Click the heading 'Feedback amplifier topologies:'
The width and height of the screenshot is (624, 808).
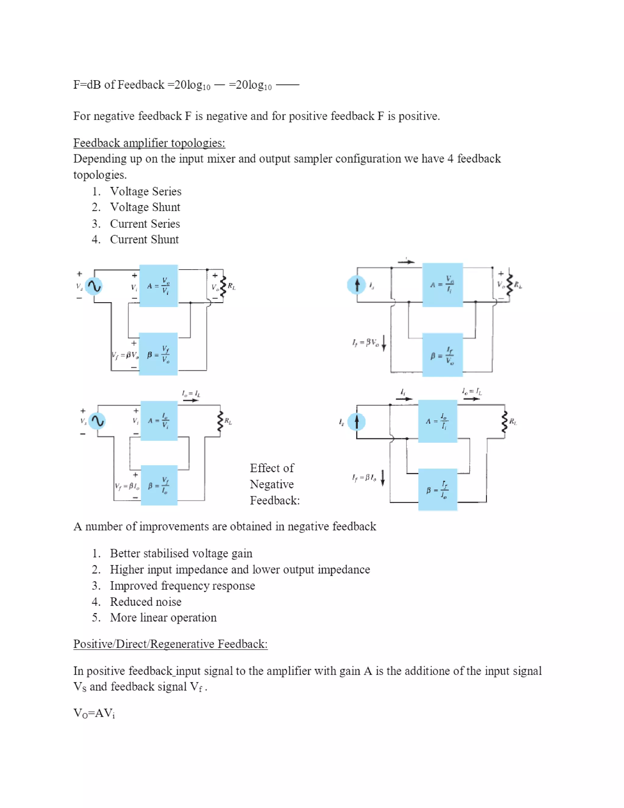tap(149, 143)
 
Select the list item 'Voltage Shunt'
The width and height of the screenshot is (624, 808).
tap(145, 207)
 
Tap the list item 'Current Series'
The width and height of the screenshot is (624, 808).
tap(145, 223)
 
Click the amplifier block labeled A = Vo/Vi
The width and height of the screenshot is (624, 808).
tap(158, 286)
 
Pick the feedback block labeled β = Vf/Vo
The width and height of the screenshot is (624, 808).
tap(158, 354)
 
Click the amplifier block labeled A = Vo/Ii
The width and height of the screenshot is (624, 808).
tap(442, 285)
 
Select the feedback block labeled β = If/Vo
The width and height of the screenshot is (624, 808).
tap(442, 355)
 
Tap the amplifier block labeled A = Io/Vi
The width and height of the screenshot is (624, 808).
tap(159, 421)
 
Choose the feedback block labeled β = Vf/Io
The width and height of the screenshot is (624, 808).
tap(159, 485)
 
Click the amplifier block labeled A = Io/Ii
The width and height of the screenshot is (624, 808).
tap(438, 421)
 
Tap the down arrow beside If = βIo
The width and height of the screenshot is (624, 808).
tap(383, 477)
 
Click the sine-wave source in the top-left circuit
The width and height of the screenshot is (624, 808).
tap(94, 286)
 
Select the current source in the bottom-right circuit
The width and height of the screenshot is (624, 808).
tap(356, 422)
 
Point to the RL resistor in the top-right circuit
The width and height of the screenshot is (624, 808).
tap(510, 285)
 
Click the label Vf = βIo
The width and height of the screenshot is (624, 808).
tap(127, 486)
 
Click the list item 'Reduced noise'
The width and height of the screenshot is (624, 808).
tap(146, 602)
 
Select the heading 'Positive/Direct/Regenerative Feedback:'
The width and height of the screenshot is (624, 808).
tap(170, 644)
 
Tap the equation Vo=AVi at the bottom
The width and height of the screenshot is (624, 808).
tap(94, 713)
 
